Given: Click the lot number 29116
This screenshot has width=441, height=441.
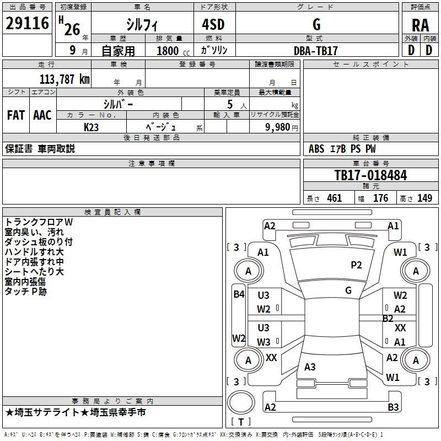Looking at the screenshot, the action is [x=28, y=24].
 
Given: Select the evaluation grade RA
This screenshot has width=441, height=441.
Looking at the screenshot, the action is [x=420, y=25].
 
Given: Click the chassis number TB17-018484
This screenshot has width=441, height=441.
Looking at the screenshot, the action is [x=370, y=175].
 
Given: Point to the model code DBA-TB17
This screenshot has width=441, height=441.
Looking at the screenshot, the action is [x=316, y=50].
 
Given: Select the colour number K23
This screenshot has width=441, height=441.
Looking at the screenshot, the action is [x=92, y=127].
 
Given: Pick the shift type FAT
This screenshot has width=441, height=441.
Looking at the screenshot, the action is [x=15, y=115].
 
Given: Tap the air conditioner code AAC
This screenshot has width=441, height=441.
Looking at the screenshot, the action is [x=42, y=115].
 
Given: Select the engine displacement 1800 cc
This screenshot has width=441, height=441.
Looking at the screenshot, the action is [x=169, y=51].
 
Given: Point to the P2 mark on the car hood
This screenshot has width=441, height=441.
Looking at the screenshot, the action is [x=356, y=265].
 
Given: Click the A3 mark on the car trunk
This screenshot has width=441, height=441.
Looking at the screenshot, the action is [x=310, y=367].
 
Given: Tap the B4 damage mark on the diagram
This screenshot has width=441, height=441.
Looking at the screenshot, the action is [x=238, y=294].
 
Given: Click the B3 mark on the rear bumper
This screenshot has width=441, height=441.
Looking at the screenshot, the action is [x=393, y=407].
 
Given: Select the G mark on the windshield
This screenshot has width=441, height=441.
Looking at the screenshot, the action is [x=348, y=291].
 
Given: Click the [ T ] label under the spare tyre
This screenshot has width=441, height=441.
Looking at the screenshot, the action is [x=241, y=422].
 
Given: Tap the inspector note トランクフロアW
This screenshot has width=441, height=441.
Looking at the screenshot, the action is [x=39, y=222].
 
